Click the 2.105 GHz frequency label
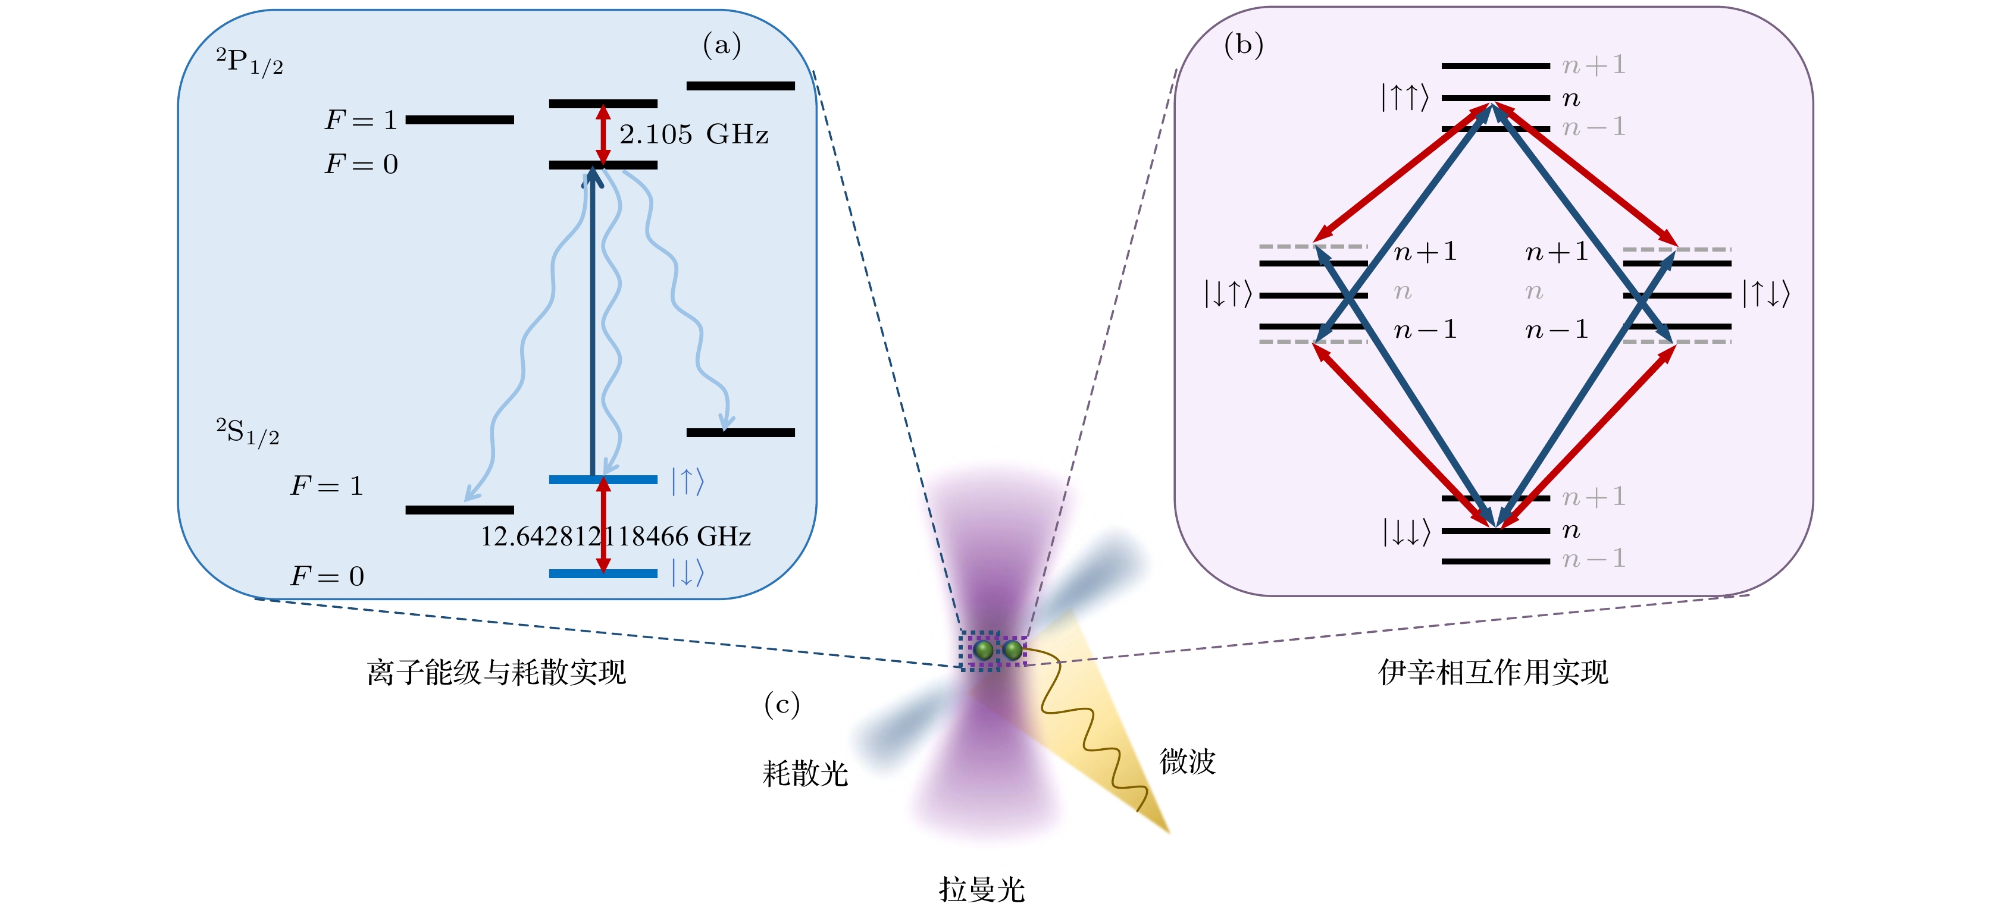click(x=693, y=134)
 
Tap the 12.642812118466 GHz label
click(x=615, y=536)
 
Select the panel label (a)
click(x=721, y=46)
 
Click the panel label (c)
click(x=781, y=704)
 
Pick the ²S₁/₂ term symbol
click(x=248, y=432)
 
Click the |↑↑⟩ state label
click(x=1404, y=98)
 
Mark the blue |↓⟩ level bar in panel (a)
click(x=603, y=573)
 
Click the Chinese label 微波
click(x=1187, y=761)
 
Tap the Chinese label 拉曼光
click(x=982, y=890)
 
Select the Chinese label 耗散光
click(x=805, y=773)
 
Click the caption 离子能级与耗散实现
click(x=496, y=673)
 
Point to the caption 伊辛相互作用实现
click(x=1494, y=673)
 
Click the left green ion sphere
click(x=983, y=650)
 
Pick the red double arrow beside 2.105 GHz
click(x=603, y=134)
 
